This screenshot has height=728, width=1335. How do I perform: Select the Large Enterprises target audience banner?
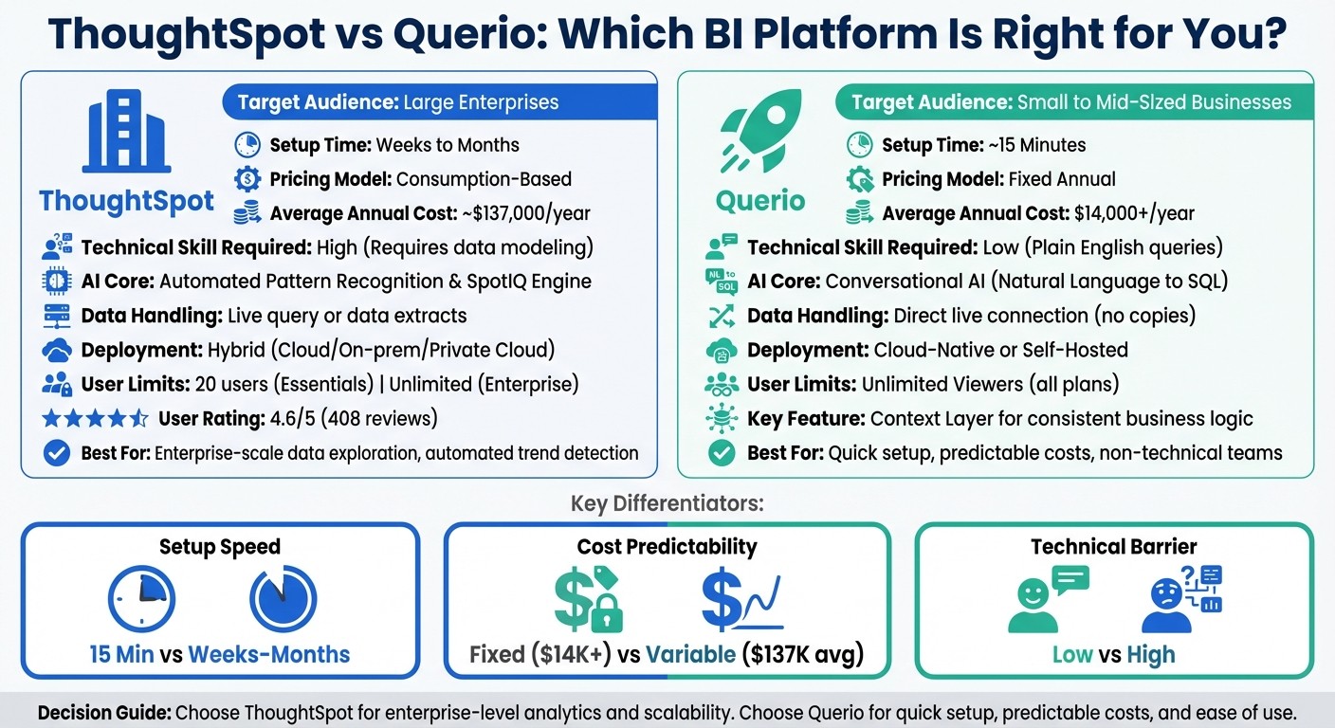[438, 102]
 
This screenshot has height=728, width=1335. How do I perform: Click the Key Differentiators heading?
[667, 503]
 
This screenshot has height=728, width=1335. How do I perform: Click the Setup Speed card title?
[220, 547]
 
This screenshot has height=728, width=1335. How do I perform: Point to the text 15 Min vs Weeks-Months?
[220, 654]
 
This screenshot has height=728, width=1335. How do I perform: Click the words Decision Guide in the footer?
[103, 712]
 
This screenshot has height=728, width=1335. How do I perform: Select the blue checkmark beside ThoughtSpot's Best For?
[57, 453]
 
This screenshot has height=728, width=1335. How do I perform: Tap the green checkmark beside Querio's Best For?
[722, 453]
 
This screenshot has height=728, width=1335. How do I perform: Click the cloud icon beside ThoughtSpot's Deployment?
[57, 350]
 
